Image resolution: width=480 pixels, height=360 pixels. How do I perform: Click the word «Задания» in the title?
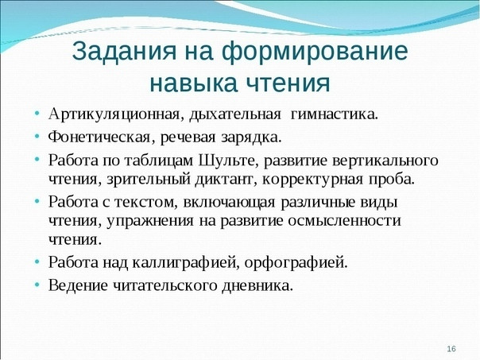click(x=124, y=51)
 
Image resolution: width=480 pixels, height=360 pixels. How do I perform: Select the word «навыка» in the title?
click(x=193, y=83)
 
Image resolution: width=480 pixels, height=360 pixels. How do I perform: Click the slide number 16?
click(x=451, y=349)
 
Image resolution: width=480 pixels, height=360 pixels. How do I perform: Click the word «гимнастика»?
click(x=334, y=114)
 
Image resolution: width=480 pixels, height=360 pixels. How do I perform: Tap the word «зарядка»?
click(x=250, y=137)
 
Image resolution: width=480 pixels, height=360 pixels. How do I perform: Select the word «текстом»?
click(x=146, y=203)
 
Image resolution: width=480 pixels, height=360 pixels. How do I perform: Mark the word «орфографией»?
click(x=296, y=263)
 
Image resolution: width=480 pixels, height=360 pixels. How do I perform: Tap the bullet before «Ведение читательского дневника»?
click(x=37, y=285)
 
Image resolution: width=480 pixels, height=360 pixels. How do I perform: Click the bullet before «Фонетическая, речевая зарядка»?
click(x=37, y=137)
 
